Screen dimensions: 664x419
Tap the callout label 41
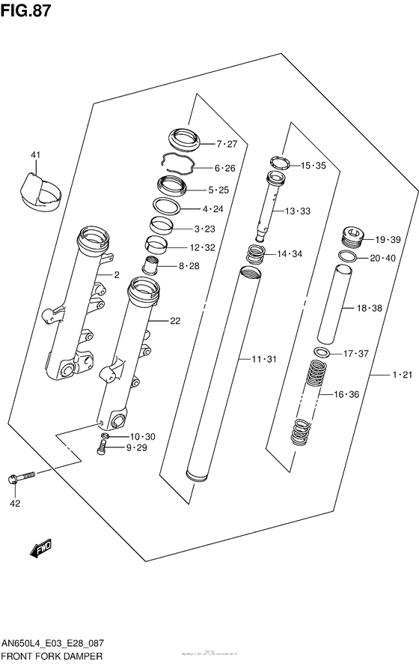point(35,155)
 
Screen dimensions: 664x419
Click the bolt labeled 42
point(20,477)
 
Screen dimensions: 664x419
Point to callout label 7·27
point(226,144)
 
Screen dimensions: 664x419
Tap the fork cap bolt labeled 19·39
point(352,238)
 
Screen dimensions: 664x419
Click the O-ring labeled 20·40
point(347,257)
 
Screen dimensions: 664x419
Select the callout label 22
point(175,322)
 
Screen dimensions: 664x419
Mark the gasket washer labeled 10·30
point(105,436)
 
